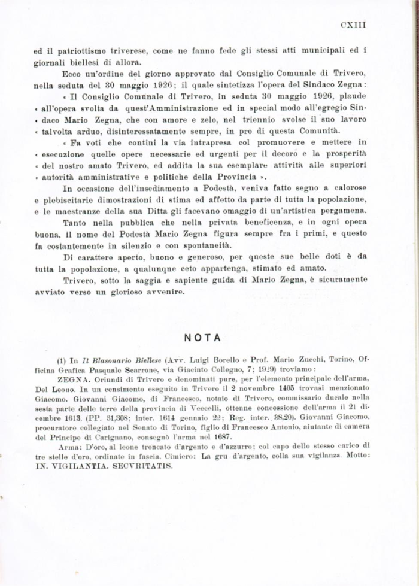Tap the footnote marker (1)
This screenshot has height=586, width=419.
[x=62, y=362]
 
